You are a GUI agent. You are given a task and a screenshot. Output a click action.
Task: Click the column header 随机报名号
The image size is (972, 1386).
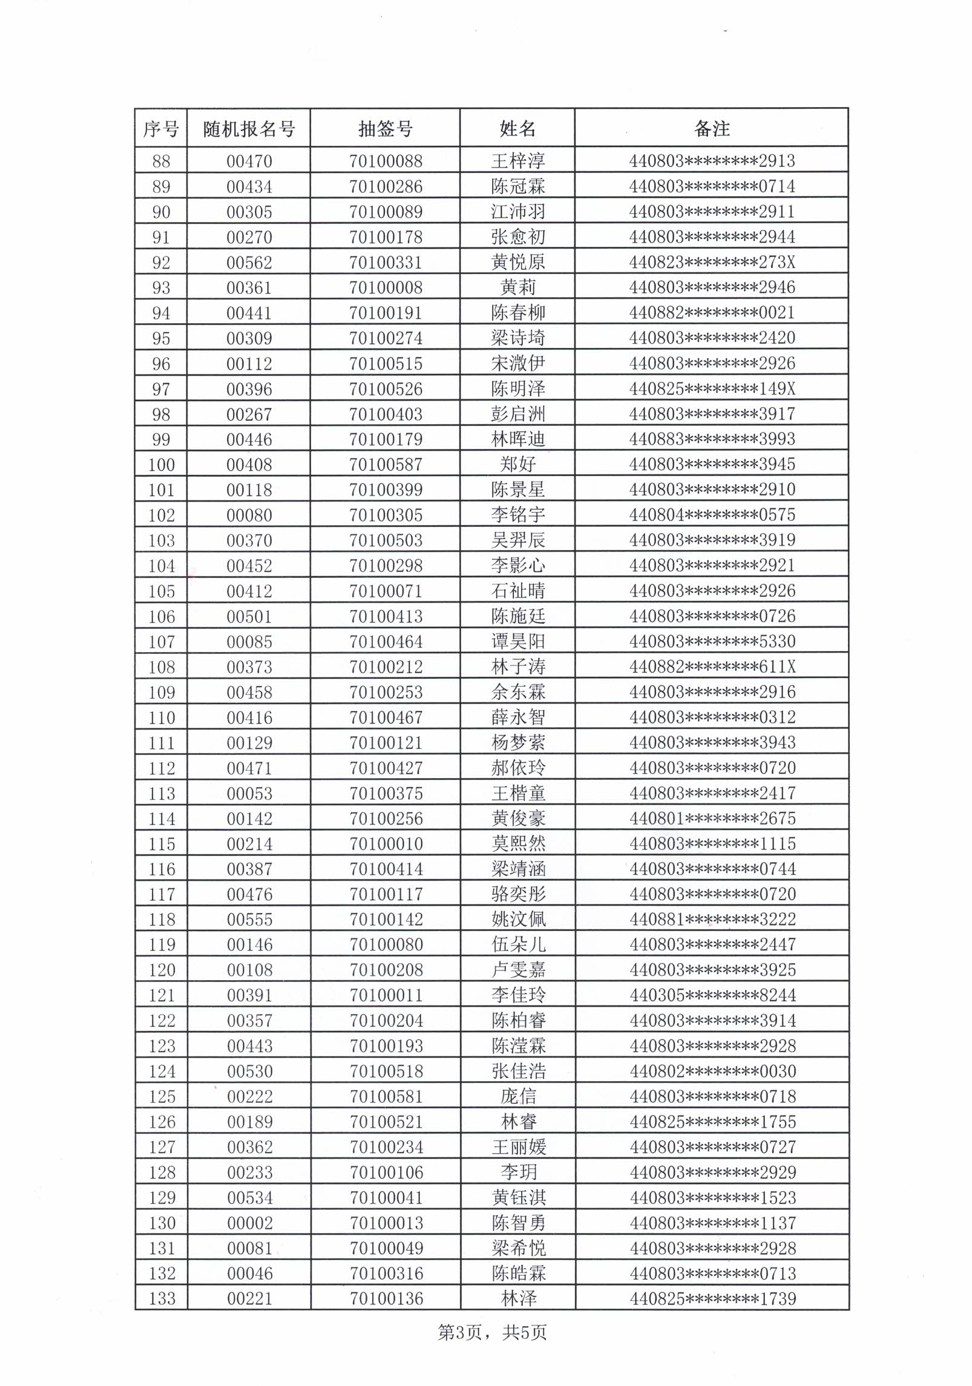(249, 129)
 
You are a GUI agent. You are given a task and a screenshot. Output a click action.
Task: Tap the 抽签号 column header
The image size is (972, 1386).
(386, 129)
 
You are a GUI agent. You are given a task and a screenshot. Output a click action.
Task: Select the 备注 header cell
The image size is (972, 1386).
(712, 128)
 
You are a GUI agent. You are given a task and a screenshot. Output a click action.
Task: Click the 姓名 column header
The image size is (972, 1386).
(517, 128)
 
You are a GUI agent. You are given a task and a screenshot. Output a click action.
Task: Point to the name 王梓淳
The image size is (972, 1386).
(518, 161)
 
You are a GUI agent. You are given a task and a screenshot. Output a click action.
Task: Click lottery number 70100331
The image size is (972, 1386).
(386, 263)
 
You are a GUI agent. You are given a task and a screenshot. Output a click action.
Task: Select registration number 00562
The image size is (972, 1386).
(249, 263)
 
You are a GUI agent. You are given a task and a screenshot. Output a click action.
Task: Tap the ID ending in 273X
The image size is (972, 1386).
(712, 262)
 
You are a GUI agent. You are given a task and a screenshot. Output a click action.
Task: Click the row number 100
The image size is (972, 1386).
(162, 465)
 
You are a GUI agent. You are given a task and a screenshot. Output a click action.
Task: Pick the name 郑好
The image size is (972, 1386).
(518, 465)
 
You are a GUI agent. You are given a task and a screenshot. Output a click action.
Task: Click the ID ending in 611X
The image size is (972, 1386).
(712, 667)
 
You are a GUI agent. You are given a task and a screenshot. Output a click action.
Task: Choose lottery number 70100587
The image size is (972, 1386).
(386, 465)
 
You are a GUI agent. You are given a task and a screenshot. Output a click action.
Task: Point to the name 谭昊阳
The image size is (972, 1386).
(518, 641)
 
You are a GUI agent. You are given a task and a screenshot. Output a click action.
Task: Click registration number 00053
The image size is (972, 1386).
(249, 793)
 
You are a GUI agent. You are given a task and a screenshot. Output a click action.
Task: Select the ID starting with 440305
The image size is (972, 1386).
(712, 995)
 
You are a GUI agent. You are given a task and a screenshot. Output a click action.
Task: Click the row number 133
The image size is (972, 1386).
(162, 1299)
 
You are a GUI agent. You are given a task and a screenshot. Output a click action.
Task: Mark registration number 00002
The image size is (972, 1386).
(250, 1223)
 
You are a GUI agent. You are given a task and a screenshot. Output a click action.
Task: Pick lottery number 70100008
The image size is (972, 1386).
(386, 287)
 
